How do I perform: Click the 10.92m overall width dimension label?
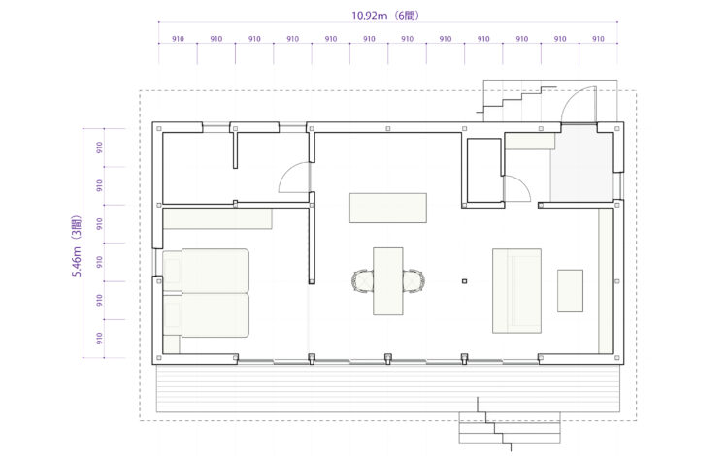369,16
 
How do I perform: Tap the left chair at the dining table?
363,281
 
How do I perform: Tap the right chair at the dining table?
414,281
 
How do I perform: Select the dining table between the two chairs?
388,281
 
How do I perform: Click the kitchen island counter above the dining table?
388,208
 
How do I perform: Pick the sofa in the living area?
516,291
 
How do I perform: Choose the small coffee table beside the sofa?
570,291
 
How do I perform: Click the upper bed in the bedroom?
206,271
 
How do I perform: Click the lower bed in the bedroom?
206,314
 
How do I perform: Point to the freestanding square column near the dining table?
464,281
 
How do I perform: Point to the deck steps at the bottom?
510,428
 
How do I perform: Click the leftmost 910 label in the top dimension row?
178,39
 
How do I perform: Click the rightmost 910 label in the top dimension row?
598,39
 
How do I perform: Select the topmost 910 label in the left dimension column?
99,147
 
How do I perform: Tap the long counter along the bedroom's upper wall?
217,218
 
